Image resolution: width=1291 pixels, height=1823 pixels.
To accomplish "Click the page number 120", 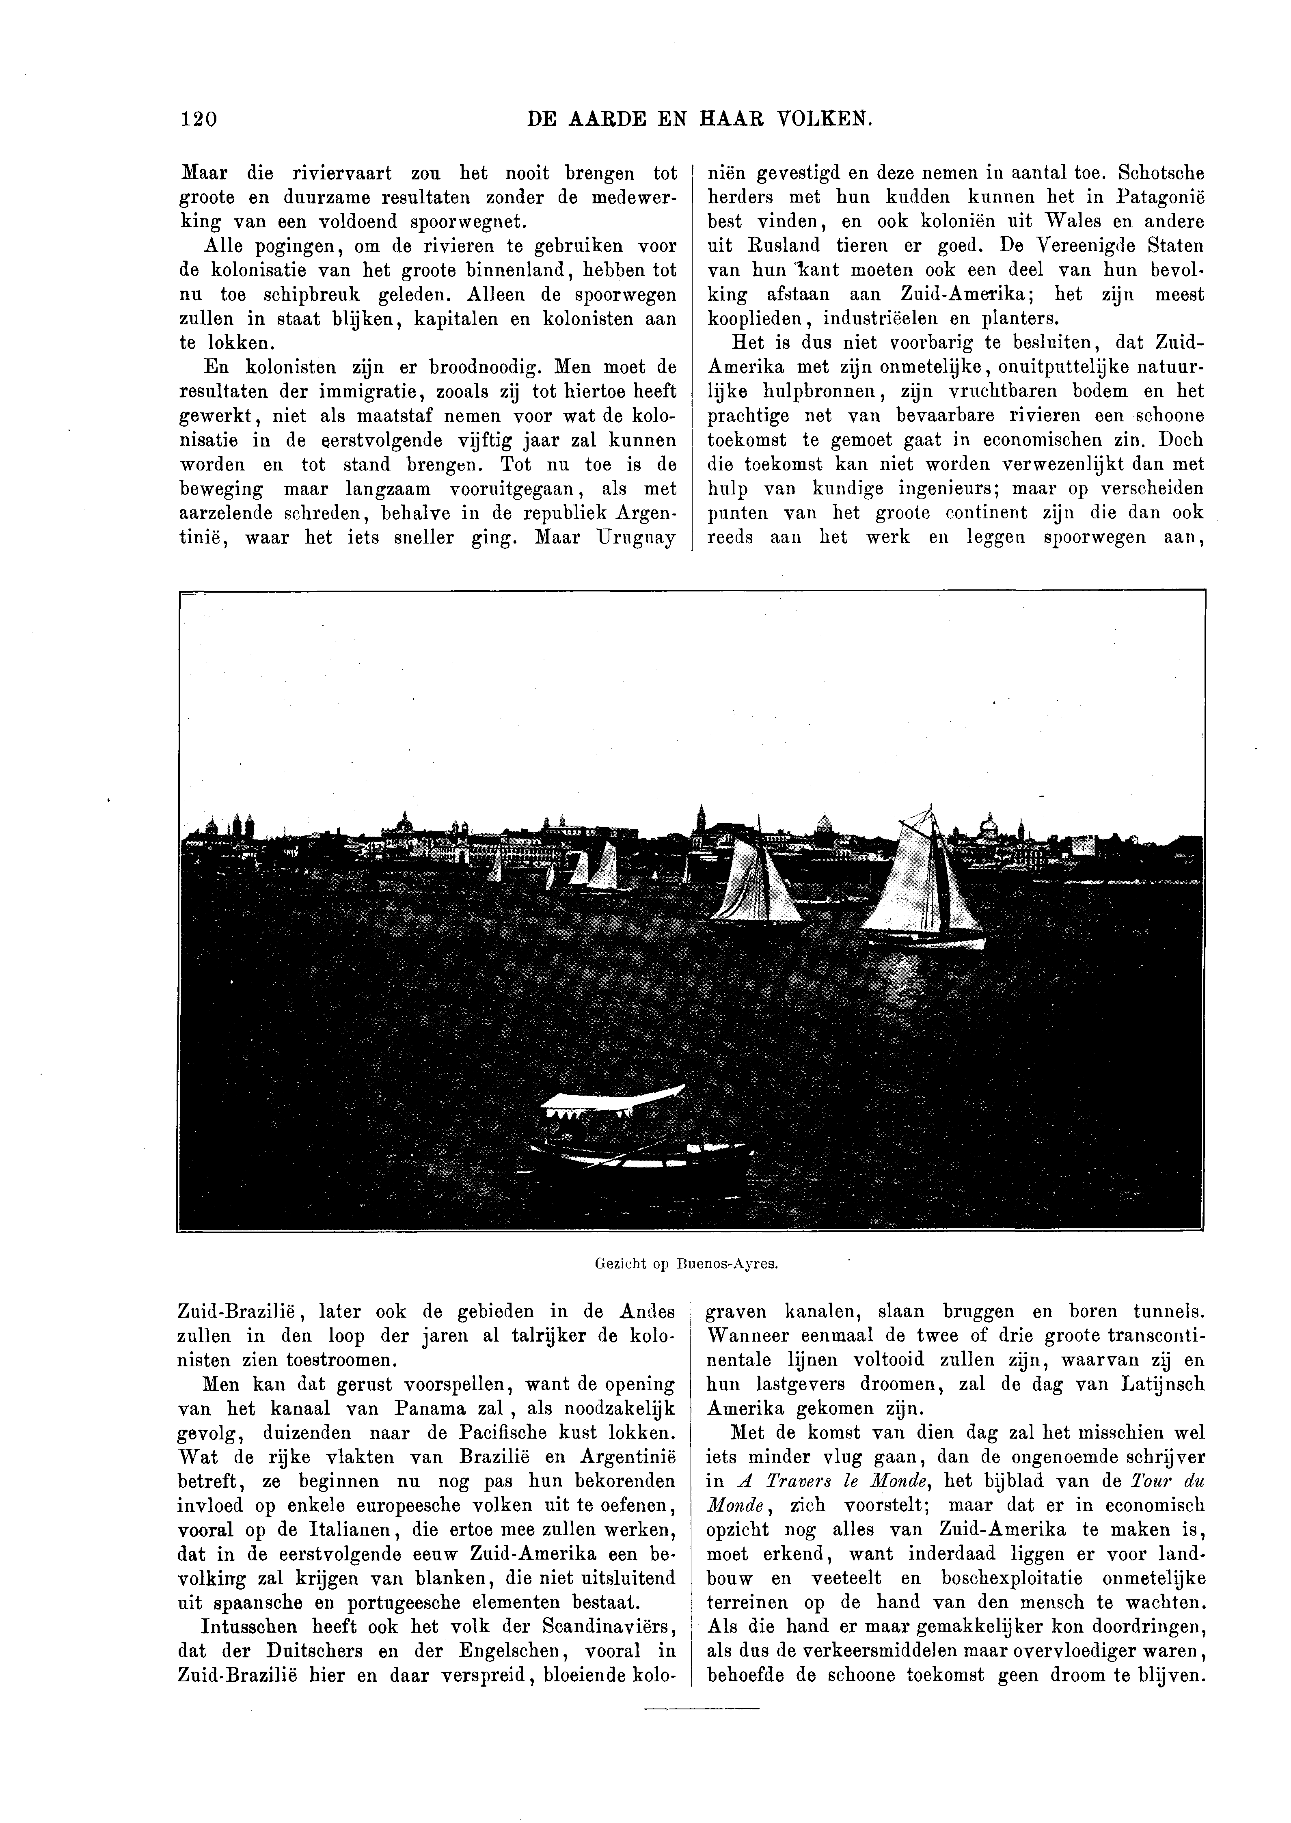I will pyautogui.click(x=199, y=119).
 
